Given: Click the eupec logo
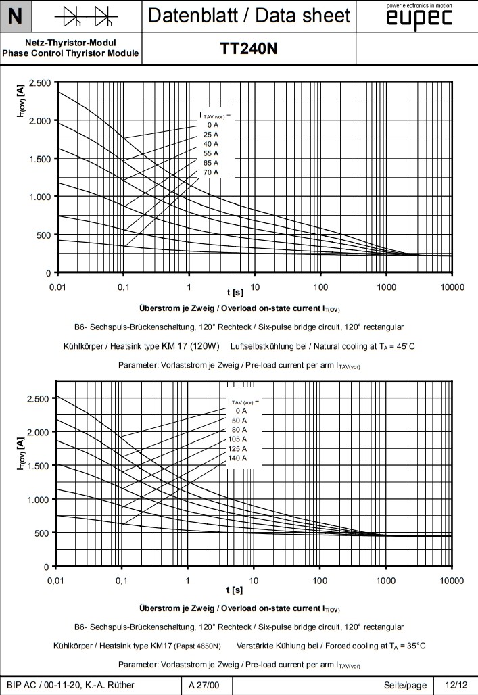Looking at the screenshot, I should tap(419, 18).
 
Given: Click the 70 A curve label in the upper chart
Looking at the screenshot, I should tap(212, 173).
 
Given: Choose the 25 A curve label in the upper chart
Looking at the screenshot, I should tap(212, 135).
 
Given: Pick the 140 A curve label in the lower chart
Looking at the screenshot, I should tap(238, 458).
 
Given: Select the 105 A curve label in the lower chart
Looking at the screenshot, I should tap(238, 439).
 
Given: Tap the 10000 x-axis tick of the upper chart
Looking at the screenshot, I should tap(451, 287).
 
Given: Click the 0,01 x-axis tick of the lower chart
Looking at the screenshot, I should tap(58, 581).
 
